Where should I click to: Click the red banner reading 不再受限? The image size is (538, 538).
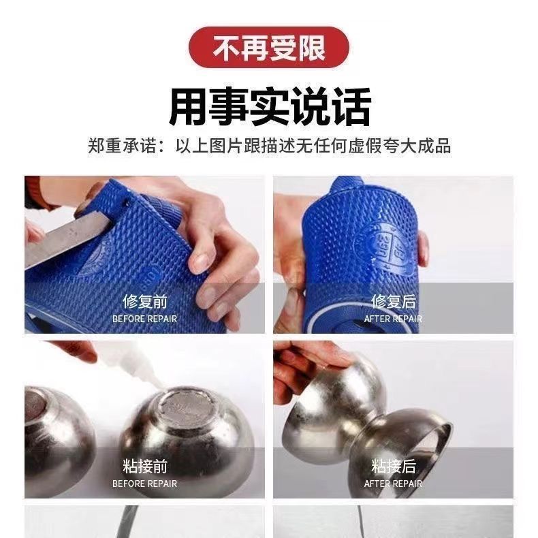coord(268,48)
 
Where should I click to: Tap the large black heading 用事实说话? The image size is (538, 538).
coord(270,107)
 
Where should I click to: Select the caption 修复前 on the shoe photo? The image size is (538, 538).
coord(145,302)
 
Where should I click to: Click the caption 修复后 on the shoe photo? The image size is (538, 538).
coord(393,302)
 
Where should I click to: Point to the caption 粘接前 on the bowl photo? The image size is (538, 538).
coord(145,466)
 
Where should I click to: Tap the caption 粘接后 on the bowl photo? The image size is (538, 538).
coord(393,466)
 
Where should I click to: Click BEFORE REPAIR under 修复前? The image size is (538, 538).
coord(145,319)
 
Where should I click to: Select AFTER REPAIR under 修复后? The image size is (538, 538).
coord(393,319)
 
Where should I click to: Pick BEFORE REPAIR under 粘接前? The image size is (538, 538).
coord(145,484)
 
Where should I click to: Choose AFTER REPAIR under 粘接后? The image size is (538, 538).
coord(393,484)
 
